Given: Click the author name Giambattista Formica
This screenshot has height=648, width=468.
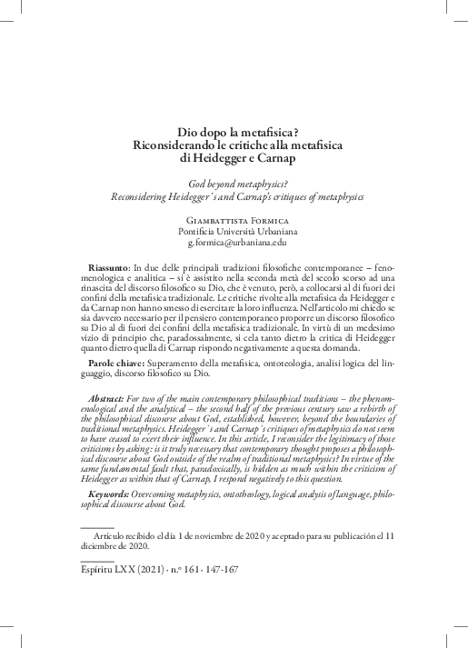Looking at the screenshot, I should [x=235, y=220].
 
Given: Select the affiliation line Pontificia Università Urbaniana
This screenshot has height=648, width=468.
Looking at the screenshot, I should [x=235, y=232].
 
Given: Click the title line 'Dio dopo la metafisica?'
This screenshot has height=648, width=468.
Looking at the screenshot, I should [x=235, y=130].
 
